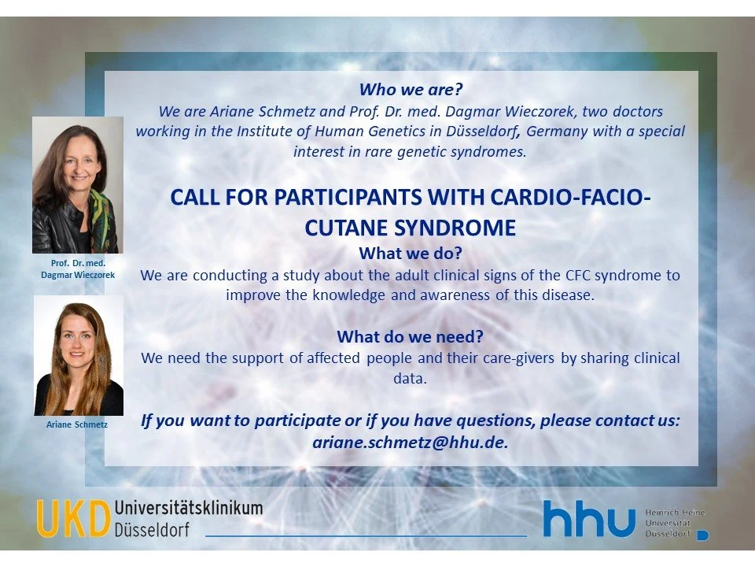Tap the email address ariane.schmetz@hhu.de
coord(411,442)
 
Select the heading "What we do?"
coord(410,254)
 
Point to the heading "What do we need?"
coord(410,337)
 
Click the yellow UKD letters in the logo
coord(72,519)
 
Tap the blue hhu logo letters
coord(589,520)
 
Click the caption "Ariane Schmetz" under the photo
coord(77,424)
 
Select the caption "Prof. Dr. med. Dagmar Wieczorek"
coord(78,269)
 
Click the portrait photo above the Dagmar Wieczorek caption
coord(77,186)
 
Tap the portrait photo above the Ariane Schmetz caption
coord(78,356)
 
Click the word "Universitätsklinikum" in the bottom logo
coord(188,508)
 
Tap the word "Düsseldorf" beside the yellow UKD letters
coord(152,529)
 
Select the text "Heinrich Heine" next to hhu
coord(674,513)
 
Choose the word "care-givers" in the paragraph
coord(515,358)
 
